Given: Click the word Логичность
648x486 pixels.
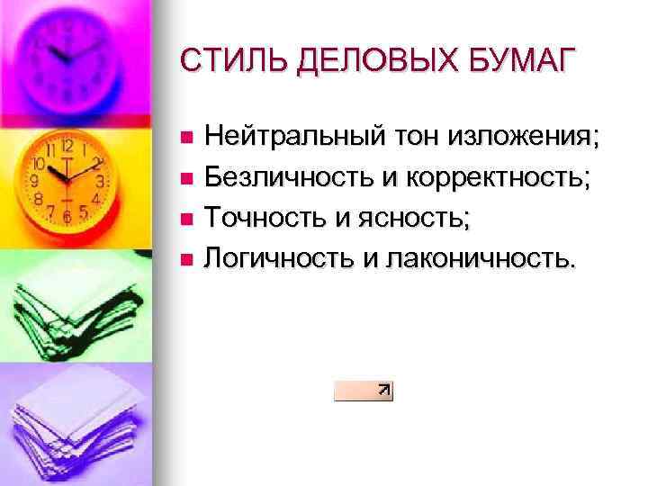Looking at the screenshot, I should (x=277, y=259).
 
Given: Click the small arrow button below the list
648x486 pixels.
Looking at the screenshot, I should (x=364, y=390).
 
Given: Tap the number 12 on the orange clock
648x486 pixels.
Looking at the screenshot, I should (x=66, y=146).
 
